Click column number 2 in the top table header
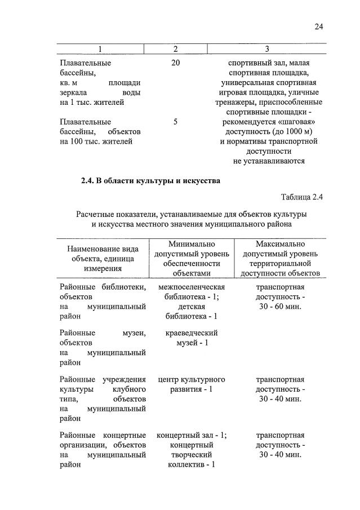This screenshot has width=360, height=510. [175, 50]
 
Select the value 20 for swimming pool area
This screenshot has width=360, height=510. [175, 63]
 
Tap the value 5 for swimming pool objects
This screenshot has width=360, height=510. [175, 121]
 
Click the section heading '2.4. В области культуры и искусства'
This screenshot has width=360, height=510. [150, 181]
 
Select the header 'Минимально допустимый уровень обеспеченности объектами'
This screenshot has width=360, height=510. [192, 258]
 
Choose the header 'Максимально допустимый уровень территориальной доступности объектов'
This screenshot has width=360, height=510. [280, 258]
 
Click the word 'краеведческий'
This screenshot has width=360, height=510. [192, 332]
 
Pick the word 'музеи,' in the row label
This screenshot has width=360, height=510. [134, 332]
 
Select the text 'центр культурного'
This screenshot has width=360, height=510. [192, 379]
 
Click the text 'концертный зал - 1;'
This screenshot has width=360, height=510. [192, 435]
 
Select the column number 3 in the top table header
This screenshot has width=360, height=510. [266, 50]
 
